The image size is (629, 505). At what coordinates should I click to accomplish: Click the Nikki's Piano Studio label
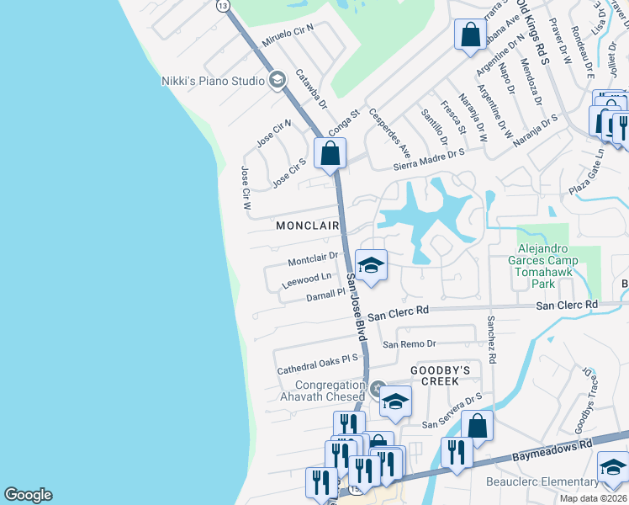pyautogui.click(x=213, y=81)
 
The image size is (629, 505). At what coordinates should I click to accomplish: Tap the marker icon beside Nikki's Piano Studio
pyautogui.click(x=277, y=81)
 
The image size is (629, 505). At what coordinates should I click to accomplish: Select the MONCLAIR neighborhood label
pyautogui.click(x=308, y=226)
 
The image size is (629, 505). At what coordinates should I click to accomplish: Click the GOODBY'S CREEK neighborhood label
pyautogui.click(x=435, y=375)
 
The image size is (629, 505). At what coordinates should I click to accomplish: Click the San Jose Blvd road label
pyautogui.click(x=357, y=312)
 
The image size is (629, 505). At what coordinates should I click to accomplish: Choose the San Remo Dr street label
pyautogui.click(x=410, y=344)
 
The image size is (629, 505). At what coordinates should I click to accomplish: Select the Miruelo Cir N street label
pyautogui.click(x=288, y=34)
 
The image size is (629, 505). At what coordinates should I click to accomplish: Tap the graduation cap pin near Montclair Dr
pyautogui.click(x=369, y=266)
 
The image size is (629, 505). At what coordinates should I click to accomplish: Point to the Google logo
pyautogui.click(x=28, y=495)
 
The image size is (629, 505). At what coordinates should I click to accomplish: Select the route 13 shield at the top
pyautogui.click(x=222, y=5)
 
